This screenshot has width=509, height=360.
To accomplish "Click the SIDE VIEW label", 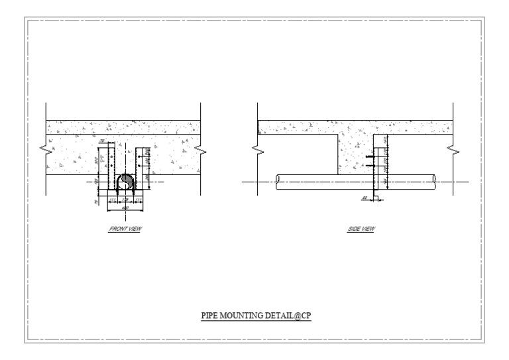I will click(x=361, y=229).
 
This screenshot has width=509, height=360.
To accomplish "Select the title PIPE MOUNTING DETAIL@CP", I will click(x=256, y=316).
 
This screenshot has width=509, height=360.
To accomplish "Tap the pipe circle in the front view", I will click(x=126, y=181).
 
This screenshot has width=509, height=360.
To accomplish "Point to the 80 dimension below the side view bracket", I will click(x=365, y=198).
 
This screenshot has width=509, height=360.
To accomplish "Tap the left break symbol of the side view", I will click(x=258, y=152).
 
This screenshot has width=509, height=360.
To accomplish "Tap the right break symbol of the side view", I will click(x=452, y=152).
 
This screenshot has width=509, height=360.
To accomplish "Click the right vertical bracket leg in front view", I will click(x=138, y=169).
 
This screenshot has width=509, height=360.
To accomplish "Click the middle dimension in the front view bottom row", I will click(x=125, y=200).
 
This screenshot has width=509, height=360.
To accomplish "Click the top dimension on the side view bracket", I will click(x=385, y=141).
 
